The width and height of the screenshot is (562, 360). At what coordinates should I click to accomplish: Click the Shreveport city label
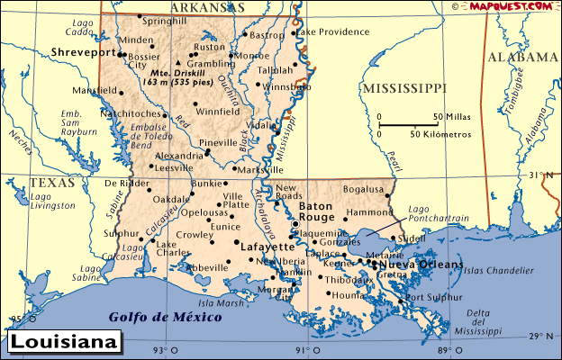[x=85, y=52]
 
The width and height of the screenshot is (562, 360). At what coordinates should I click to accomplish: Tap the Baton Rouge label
[x=316, y=211]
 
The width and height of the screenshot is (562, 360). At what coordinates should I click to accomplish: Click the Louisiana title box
[x=65, y=343]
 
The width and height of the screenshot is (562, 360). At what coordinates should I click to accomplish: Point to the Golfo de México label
[x=164, y=317]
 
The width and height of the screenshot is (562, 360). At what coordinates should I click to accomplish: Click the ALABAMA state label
[x=523, y=57]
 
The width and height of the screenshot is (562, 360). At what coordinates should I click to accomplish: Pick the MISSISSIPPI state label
[x=403, y=88]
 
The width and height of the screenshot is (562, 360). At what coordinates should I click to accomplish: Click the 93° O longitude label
[x=160, y=350]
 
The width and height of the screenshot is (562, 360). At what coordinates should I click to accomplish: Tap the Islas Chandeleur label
[x=500, y=269]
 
